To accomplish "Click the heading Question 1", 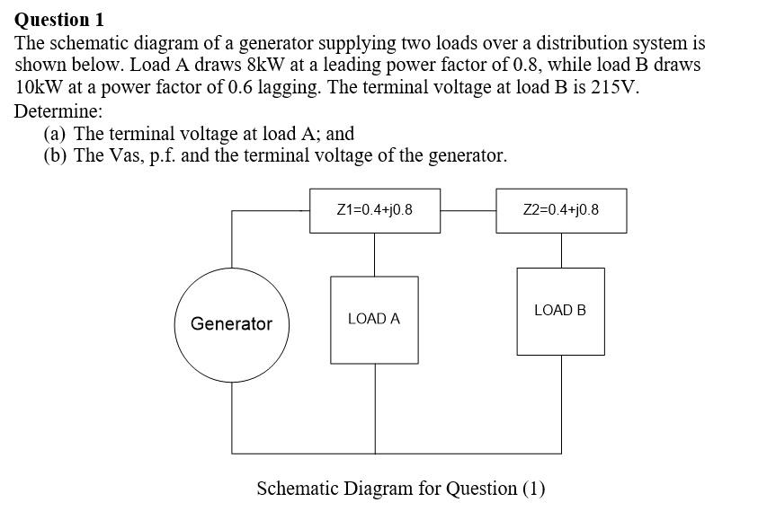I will [x=59, y=19].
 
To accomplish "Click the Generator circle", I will [x=231, y=324].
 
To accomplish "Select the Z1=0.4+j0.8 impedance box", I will [x=375, y=210].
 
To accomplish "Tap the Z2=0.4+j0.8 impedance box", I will [x=561, y=210].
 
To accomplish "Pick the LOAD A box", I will [x=374, y=319].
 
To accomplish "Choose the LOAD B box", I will [x=560, y=311].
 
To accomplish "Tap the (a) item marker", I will [x=56, y=134].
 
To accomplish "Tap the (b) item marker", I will [x=56, y=155].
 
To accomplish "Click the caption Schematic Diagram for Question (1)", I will [x=401, y=489].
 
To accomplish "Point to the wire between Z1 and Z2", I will [x=468, y=211].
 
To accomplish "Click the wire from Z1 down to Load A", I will [x=375, y=254].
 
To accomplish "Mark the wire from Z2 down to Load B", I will [x=561, y=250].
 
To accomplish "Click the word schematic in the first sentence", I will [x=87, y=42].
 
